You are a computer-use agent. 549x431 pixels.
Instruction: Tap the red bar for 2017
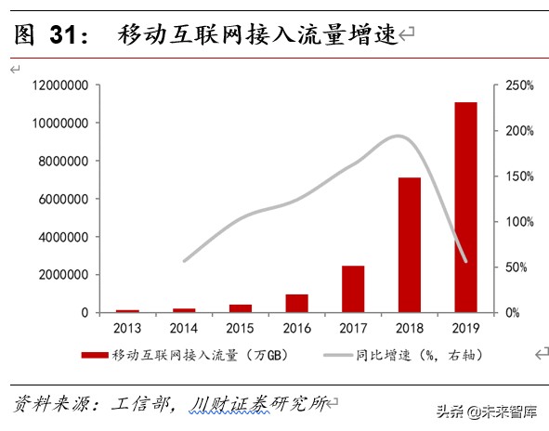click(x=353, y=289)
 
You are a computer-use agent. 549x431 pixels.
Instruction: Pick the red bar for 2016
click(x=296, y=303)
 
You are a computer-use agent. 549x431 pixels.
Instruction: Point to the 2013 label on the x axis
click(x=127, y=327)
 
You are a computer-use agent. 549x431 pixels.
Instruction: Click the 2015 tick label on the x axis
click(x=240, y=327)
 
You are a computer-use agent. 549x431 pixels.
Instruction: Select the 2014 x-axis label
click(x=184, y=327)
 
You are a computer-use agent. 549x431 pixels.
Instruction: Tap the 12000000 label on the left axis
click(x=59, y=85)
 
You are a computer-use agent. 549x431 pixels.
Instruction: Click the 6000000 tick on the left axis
click(x=62, y=199)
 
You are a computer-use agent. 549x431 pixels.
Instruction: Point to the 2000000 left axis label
click(x=62, y=275)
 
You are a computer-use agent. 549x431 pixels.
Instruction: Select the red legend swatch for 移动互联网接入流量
click(x=95, y=354)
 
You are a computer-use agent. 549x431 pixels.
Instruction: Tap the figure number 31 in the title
click(x=63, y=35)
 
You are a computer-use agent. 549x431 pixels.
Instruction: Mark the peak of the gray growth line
click(x=399, y=137)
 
